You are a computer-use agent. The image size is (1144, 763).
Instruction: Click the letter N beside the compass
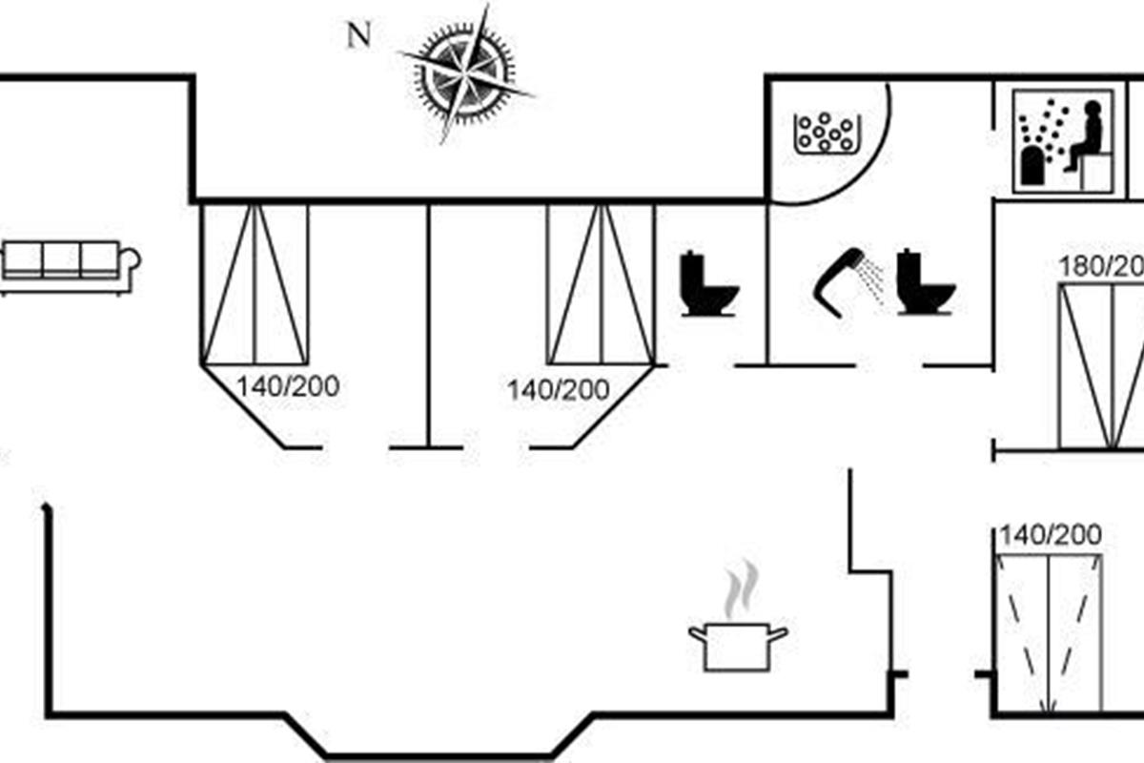pos(357,36)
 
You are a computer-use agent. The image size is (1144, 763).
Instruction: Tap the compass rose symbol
pos(464,73)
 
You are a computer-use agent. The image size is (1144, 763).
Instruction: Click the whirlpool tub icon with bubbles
pos(826,134)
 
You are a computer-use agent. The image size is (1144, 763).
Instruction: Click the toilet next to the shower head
pos(924,283)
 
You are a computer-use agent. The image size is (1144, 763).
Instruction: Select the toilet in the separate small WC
pos(708,284)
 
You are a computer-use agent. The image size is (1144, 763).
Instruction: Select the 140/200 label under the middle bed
pos(558,390)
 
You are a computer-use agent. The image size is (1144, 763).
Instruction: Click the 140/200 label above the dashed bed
pos(1050,534)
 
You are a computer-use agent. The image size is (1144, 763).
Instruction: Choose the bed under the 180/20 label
pos(1102,366)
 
